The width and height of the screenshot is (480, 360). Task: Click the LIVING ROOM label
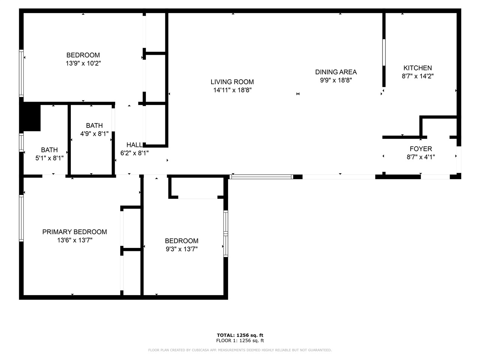pos(232,82)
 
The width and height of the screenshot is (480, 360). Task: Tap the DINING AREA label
pos(336,72)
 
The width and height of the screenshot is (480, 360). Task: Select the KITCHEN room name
pos(417,68)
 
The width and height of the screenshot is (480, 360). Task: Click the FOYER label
pos(421,149)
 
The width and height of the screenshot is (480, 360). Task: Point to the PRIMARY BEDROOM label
pos(75,232)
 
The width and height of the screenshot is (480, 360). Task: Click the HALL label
pos(134,145)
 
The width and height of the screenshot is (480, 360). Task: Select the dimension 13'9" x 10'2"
pos(83,63)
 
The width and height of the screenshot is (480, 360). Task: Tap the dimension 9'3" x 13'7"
pos(181,249)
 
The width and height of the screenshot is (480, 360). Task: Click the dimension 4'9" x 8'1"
pos(94,133)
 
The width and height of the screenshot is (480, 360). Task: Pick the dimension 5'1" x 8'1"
pos(49,158)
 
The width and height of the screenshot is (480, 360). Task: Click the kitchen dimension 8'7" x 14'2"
pos(417,76)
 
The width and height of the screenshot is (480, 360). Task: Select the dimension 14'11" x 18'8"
pos(232,90)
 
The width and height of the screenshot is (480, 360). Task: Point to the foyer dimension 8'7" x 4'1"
pos(421,157)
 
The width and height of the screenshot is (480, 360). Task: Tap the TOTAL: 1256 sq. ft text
pos(240,335)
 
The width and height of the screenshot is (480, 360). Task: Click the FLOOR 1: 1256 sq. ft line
pos(240,340)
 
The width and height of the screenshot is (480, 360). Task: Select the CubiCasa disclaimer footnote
pos(240,350)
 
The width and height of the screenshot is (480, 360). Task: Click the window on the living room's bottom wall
pos(261,177)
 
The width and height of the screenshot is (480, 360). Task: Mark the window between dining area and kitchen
pos(384,52)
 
